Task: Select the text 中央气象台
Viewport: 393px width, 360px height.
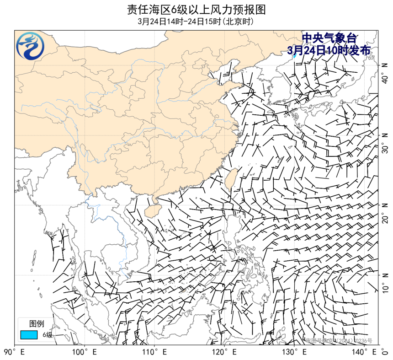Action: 329,39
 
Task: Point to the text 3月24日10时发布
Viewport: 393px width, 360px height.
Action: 329,50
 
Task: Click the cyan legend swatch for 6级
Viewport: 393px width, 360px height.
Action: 28,335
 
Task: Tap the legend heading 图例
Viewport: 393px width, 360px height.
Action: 37,324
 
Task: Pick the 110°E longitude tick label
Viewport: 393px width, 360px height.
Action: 155,352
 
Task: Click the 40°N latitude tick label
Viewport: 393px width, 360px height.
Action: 385,73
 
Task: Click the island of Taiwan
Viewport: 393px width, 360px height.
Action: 231,179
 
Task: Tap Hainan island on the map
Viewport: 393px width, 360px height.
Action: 150,210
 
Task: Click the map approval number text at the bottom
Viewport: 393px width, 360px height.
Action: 339,341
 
